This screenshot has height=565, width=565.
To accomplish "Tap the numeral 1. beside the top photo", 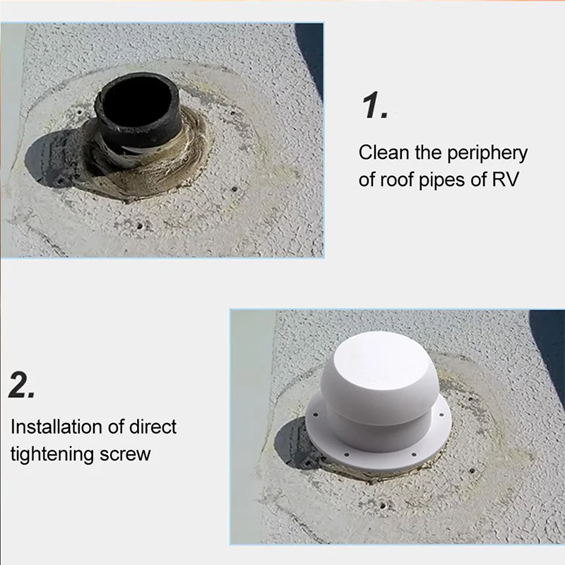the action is pyautogui.click(x=375, y=105).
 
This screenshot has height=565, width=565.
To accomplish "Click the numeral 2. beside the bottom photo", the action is pyautogui.click(x=21, y=384).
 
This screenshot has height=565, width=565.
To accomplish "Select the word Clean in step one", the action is pyautogui.click(x=383, y=153).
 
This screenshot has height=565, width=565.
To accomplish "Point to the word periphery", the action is pyautogui.click(x=487, y=154).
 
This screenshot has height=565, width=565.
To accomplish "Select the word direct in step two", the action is pyautogui.click(x=153, y=427).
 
